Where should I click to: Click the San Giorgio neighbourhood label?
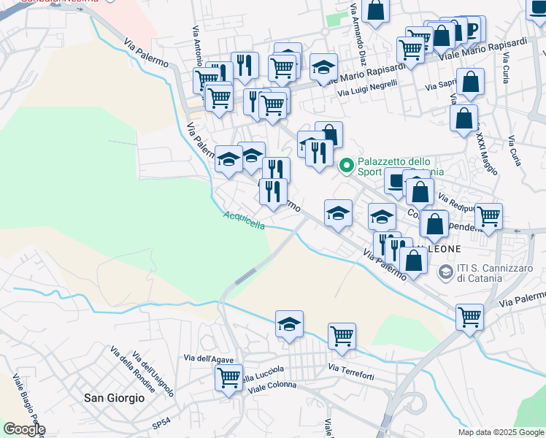coord(114,398)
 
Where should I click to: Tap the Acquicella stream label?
coord(244,220)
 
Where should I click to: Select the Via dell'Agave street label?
coord(208,358)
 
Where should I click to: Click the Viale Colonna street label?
coord(270,385)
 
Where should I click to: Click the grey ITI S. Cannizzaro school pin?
coord(445,272)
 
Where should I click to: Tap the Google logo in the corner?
coord(23,429)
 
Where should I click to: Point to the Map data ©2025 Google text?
coord(501,432)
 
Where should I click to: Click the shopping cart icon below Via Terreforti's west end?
coord(341,336)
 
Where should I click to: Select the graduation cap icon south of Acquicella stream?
coord(289,323)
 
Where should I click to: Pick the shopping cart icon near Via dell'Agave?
coord(228,377)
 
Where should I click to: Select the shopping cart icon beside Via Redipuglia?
coord(488,215)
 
